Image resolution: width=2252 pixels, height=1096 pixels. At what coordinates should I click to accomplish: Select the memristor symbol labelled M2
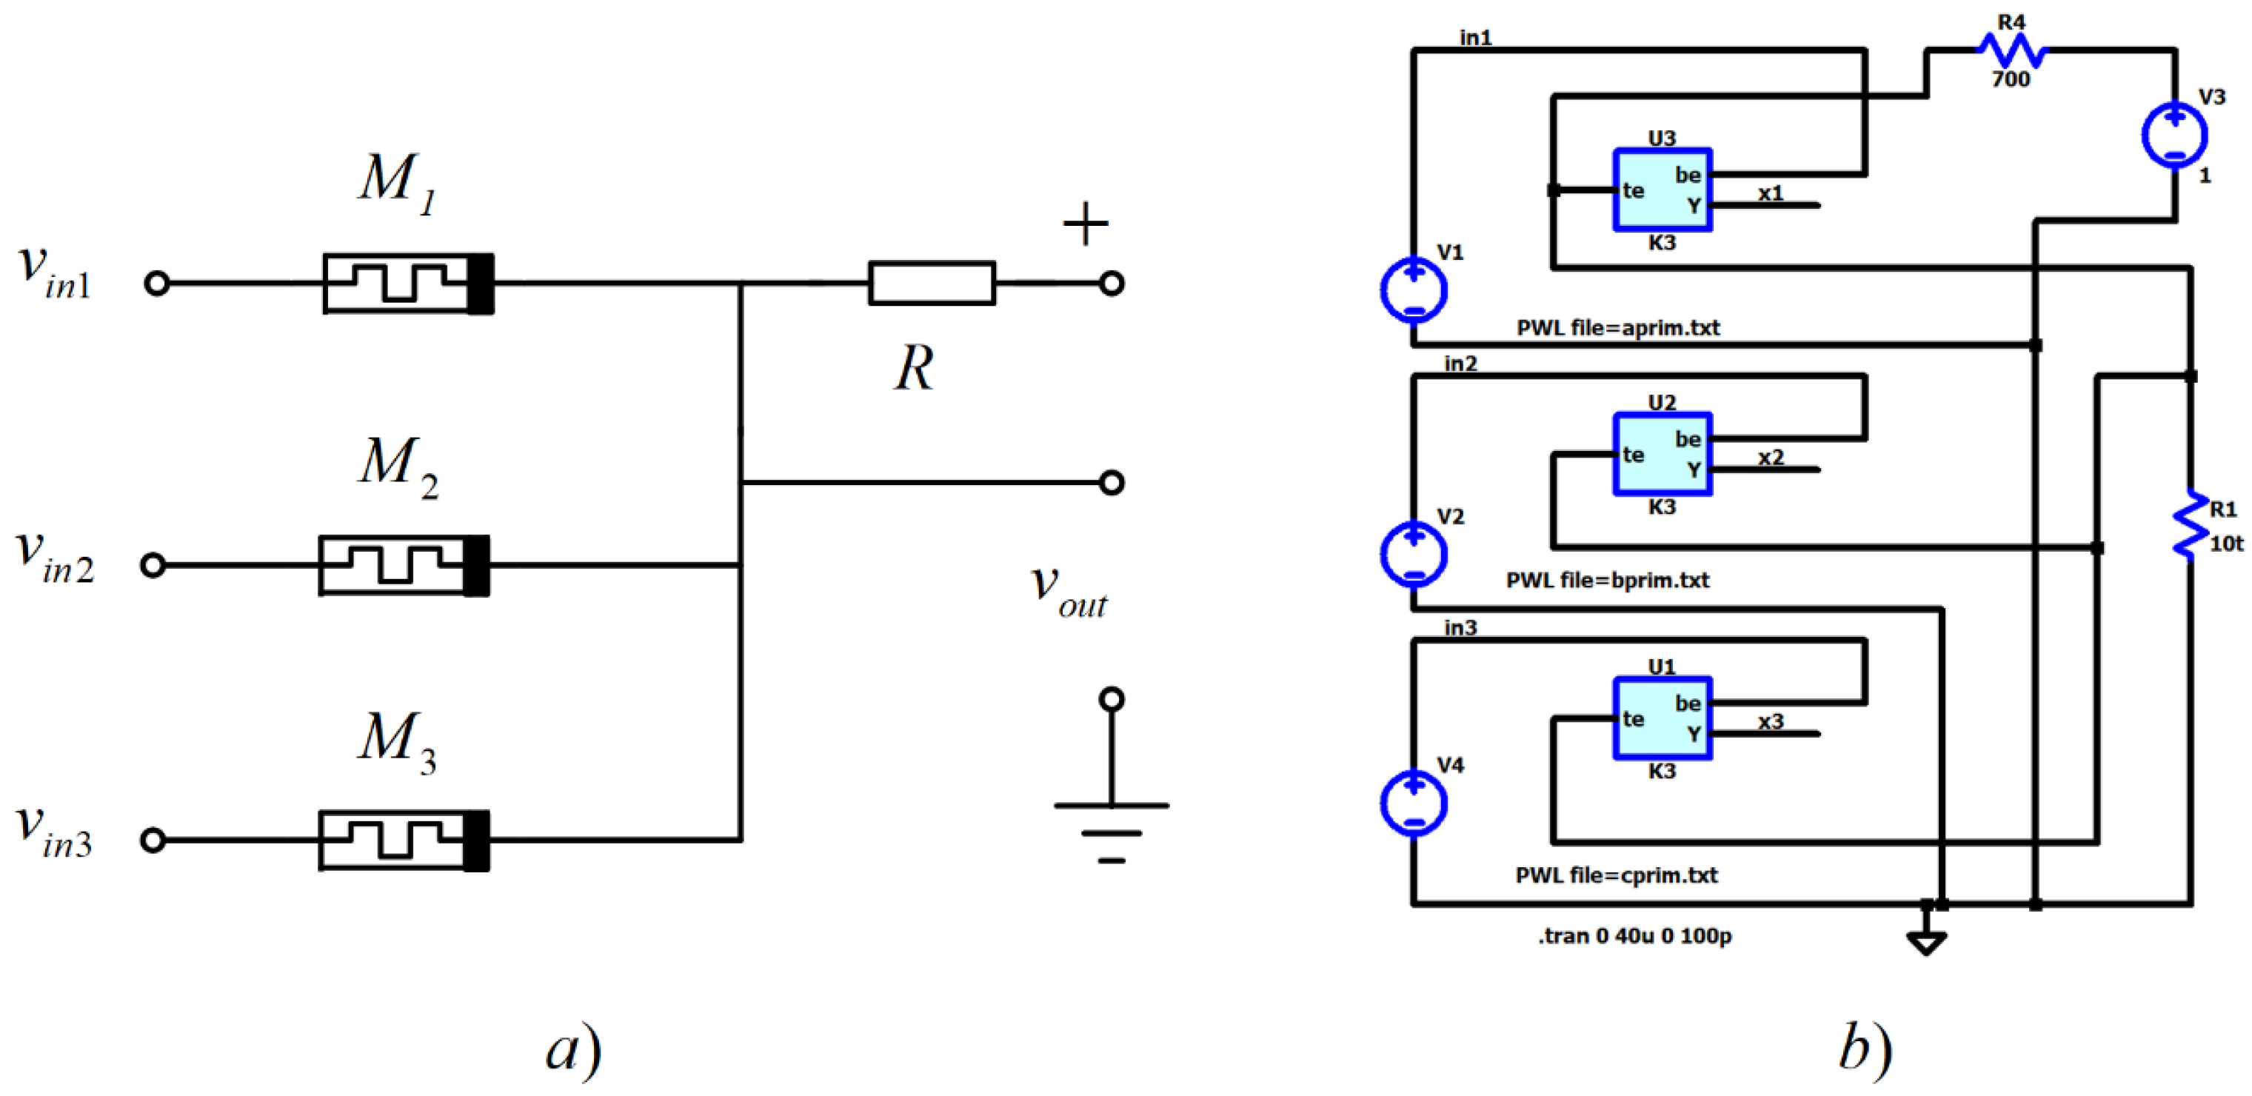(404, 566)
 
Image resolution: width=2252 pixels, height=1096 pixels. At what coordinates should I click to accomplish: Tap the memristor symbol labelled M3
(404, 840)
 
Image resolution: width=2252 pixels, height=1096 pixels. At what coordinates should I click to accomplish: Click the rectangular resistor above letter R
(931, 283)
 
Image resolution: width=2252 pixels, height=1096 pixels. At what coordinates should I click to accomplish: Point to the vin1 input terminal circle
(156, 283)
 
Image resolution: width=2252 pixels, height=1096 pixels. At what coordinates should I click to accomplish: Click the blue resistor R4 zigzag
(2011, 50)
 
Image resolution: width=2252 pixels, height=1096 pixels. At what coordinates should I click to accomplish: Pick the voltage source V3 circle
(2174, 136)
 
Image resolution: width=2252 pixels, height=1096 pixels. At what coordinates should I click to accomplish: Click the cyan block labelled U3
(1661, 190)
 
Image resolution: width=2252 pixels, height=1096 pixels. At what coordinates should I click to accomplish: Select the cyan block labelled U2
(1661, 454)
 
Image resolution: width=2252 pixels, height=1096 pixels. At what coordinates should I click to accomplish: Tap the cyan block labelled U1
(1661, 718)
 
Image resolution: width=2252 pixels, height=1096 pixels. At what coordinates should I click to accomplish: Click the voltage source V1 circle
(1413, 290)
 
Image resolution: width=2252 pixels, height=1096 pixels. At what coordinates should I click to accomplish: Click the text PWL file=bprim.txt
(1607, 581)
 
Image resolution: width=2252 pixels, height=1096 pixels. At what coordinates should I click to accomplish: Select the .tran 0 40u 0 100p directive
(1634, 936)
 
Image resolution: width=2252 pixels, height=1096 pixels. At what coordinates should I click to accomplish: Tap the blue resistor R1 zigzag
(2190, 523)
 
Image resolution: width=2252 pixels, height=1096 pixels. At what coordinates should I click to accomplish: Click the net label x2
(1771, 457)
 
